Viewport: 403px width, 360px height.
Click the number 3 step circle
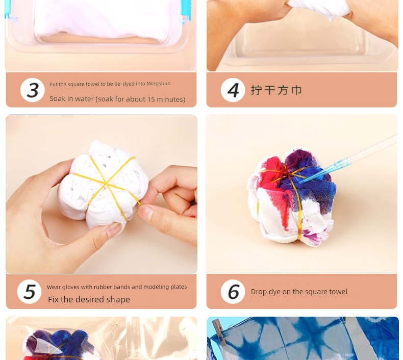click(x=32, y=90)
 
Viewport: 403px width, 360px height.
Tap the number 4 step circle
click(x=233, y=90)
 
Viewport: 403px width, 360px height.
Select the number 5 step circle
click(x=29, y=292)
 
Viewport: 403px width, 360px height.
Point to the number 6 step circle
click(x=233, y=292)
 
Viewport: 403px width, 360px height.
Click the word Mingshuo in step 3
click(x=158, y=84)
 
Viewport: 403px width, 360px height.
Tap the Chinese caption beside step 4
click(x=276, y=90)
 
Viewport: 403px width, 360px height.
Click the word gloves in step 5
click(x=69, y=287)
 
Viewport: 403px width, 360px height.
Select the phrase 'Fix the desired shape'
click(x=89, y=299)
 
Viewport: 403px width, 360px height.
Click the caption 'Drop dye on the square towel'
click(x=299, y=292)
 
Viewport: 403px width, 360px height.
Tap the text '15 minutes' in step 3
click(x=170, y=99)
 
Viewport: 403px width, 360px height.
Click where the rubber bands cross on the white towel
click(x=106, y=184)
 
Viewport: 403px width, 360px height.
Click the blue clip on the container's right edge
click(x=186, y=12)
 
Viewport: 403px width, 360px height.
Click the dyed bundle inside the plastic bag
click(x=60, y=344)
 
